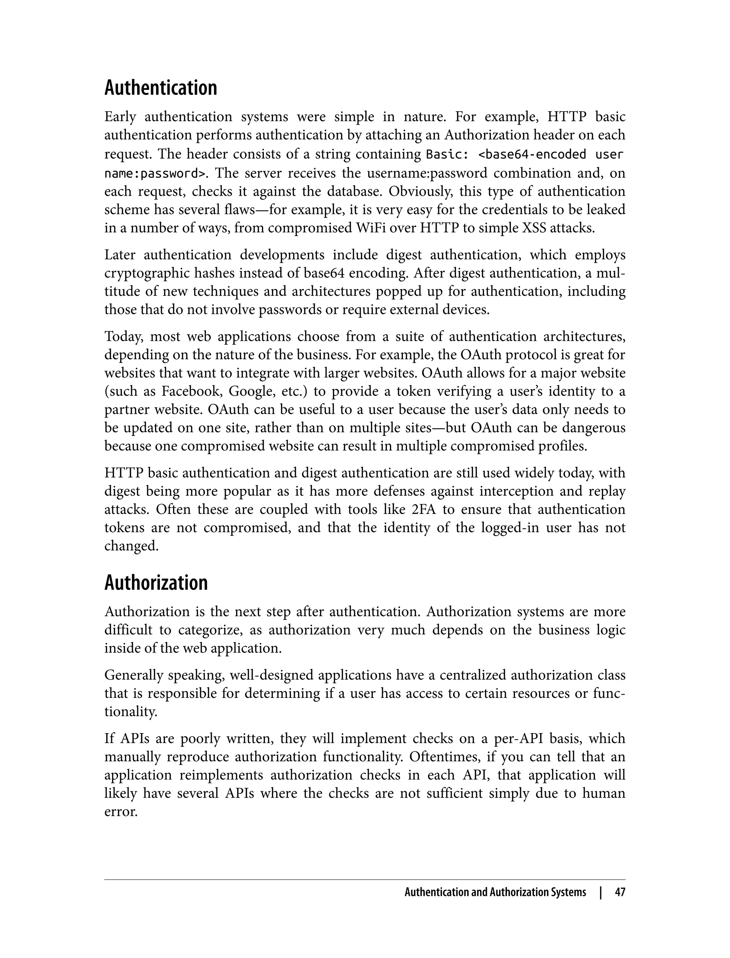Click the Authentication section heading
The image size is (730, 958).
point(160,88)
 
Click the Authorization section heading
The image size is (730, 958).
point(156,583)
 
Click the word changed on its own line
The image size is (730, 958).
point(131,546)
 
